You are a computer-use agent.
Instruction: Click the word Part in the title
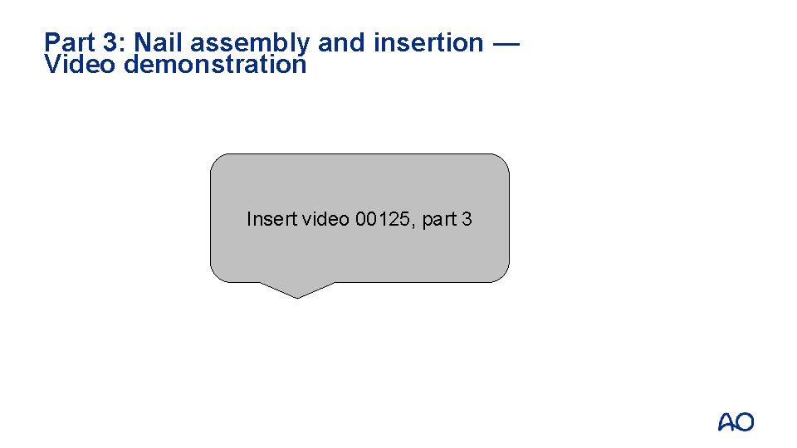[x=66, y=42]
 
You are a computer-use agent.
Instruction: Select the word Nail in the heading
[x=157, y=42]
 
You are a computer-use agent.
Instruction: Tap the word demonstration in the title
[x=215, y=65]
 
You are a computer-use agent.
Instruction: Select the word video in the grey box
[x=326, y=219]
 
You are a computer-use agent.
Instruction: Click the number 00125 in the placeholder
[x=386, y=219]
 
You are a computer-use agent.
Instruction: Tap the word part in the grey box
[x=439, y=221]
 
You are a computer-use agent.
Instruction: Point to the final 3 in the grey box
[x=467, y=219]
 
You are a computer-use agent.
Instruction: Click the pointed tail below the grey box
[x=296, y=290]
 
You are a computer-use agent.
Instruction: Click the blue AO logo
[x=736, y=422]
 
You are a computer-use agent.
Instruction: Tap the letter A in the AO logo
[x=726, y=422]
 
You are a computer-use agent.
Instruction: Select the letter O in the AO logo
[x=745, y=422]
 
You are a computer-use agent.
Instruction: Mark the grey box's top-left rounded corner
[x=218, y=161]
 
